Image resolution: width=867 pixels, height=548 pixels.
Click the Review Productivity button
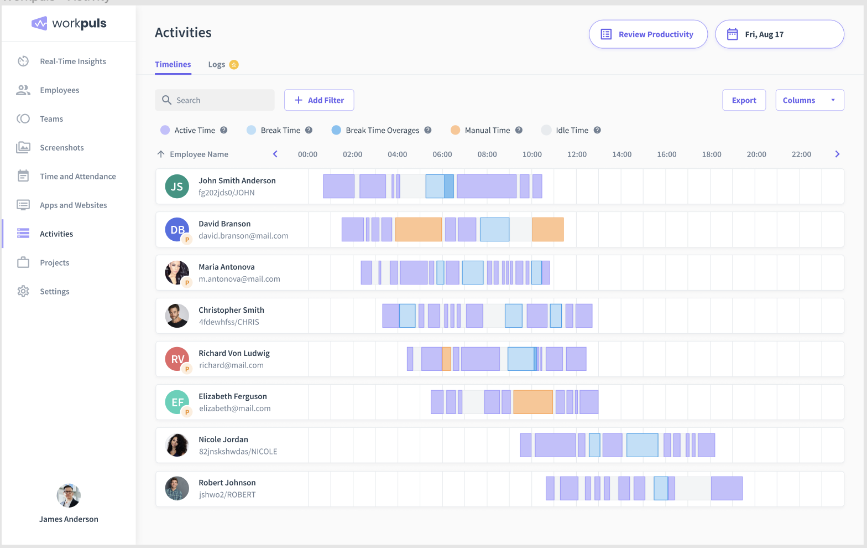648,34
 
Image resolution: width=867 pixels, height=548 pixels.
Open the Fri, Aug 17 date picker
779,34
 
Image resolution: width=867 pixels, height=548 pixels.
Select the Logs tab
217,65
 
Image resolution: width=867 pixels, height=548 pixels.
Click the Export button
744,100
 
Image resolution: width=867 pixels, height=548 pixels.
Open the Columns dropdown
809,100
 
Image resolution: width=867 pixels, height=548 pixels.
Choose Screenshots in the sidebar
61,148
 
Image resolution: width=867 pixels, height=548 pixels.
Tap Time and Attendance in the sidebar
77,177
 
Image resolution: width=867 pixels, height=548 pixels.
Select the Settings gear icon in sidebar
23,291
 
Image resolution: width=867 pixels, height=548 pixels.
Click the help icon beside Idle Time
597,130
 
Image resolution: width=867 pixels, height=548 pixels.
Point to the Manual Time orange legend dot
455,130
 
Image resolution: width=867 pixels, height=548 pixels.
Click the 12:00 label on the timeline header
577,154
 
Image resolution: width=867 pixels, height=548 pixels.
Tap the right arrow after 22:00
837,154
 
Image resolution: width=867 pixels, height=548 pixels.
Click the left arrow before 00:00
275,154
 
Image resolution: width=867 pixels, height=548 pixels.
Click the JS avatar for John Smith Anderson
177,187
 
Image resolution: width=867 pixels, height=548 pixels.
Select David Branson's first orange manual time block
419,230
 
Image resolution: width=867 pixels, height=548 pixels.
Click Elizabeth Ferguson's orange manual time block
533,402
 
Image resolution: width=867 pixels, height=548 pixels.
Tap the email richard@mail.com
231,365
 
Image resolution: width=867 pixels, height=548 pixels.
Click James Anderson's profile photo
69,495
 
